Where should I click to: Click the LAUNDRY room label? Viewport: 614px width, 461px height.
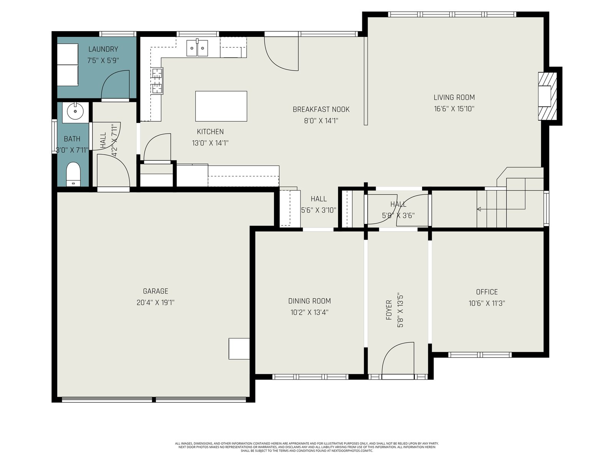(103, 49)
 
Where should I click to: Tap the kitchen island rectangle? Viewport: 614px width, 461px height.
(221, 106)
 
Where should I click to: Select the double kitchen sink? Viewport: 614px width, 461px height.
(197, 48)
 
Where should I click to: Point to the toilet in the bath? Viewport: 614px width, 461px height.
(73, 174)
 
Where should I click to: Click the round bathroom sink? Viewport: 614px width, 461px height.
(75, 111)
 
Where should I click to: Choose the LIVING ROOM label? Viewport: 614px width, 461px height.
(454, 98)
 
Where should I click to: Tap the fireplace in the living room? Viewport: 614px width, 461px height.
(548, 96)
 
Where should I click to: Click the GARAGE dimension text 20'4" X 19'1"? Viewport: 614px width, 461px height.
(155, 303)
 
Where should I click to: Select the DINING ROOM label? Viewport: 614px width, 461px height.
(309, 301)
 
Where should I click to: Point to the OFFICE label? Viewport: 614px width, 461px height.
(487, 292)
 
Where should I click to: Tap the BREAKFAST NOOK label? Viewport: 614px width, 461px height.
(321, 109)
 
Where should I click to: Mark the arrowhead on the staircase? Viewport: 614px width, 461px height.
(479, 209)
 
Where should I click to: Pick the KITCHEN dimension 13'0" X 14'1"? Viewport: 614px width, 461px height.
(210, 143)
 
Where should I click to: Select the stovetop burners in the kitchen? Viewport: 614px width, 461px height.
(157, 81)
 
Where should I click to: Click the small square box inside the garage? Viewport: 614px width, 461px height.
(239, 348)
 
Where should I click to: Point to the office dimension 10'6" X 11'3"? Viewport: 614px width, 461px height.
(487, 303)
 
